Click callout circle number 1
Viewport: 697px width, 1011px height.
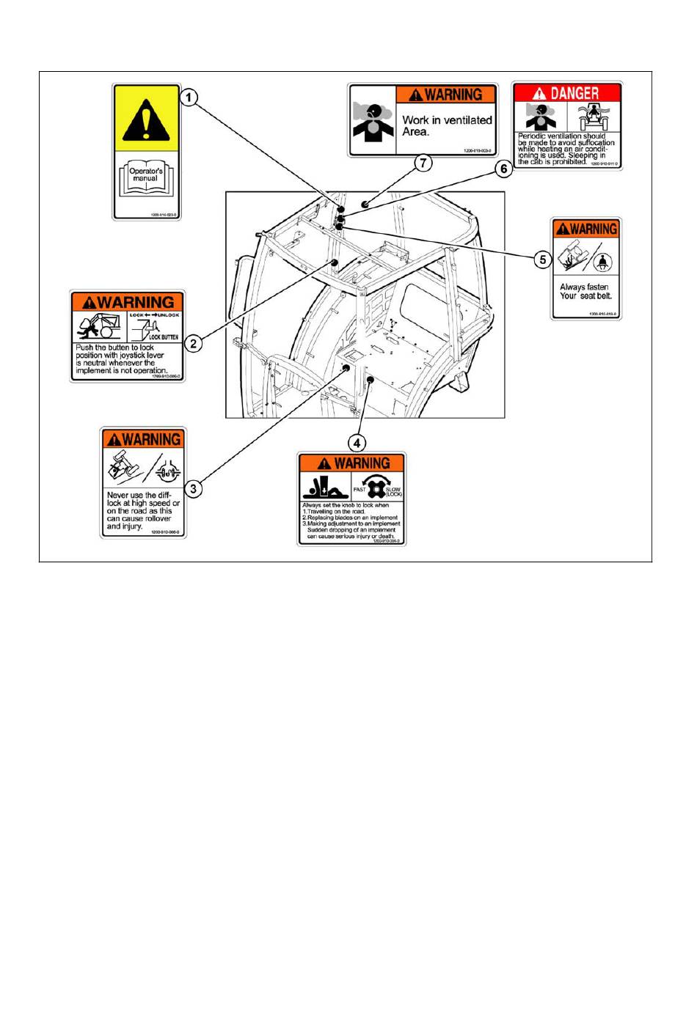point(189,98)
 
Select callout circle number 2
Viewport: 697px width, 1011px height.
point(193,342)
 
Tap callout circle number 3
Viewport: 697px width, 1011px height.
point(193,488)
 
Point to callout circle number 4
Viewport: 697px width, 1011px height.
point(357,443)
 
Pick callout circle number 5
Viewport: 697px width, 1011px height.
point(542,260)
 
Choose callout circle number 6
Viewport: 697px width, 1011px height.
point(503,169)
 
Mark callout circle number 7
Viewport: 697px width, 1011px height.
point(423,163)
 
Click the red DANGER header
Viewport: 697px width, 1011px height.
point(567,93)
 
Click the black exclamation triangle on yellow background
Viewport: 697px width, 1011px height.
point(146,118)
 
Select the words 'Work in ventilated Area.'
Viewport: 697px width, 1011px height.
point(446,125)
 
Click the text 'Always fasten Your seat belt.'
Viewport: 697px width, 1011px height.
point(585,292)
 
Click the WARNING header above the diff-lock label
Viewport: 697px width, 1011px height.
point(144,439)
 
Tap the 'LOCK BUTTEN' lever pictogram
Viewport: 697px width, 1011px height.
point(156,328)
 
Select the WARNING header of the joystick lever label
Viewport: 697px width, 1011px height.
point(128,302)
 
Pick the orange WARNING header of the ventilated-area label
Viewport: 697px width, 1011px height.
point(446,95)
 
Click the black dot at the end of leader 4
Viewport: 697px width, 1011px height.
point(371,380)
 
